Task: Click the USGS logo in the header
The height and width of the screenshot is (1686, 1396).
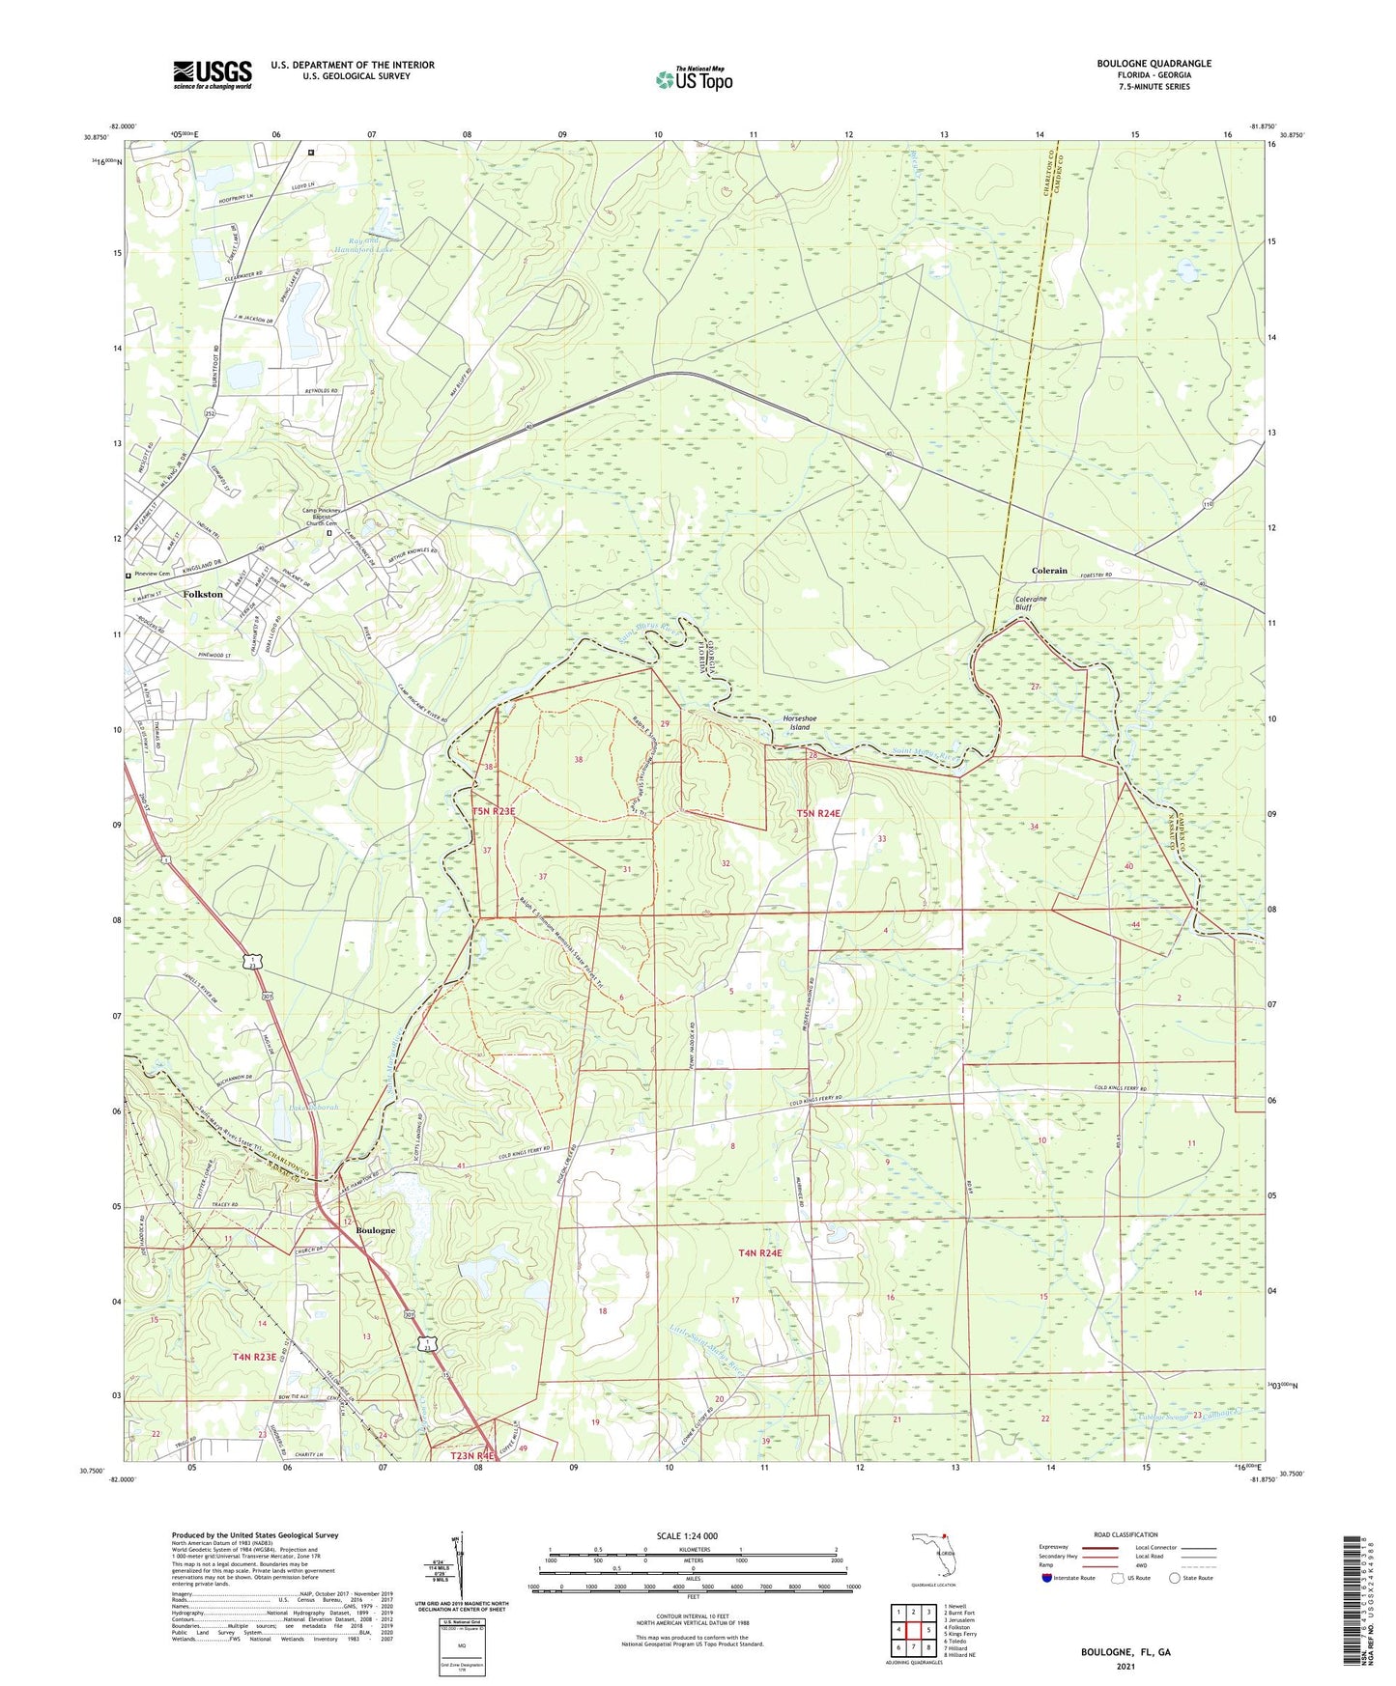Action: [213, 73]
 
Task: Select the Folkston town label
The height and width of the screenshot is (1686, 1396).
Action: [203, 594]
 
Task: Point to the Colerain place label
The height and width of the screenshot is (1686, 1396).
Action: [1049, 571]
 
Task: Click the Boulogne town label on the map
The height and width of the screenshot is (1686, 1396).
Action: [375, 1230]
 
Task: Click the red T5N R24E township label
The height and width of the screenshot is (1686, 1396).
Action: [818, 813]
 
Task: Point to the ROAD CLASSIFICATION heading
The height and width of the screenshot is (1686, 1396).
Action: [1126, 1534]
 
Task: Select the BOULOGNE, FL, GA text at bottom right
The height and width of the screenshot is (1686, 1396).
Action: [1125, 1652]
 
